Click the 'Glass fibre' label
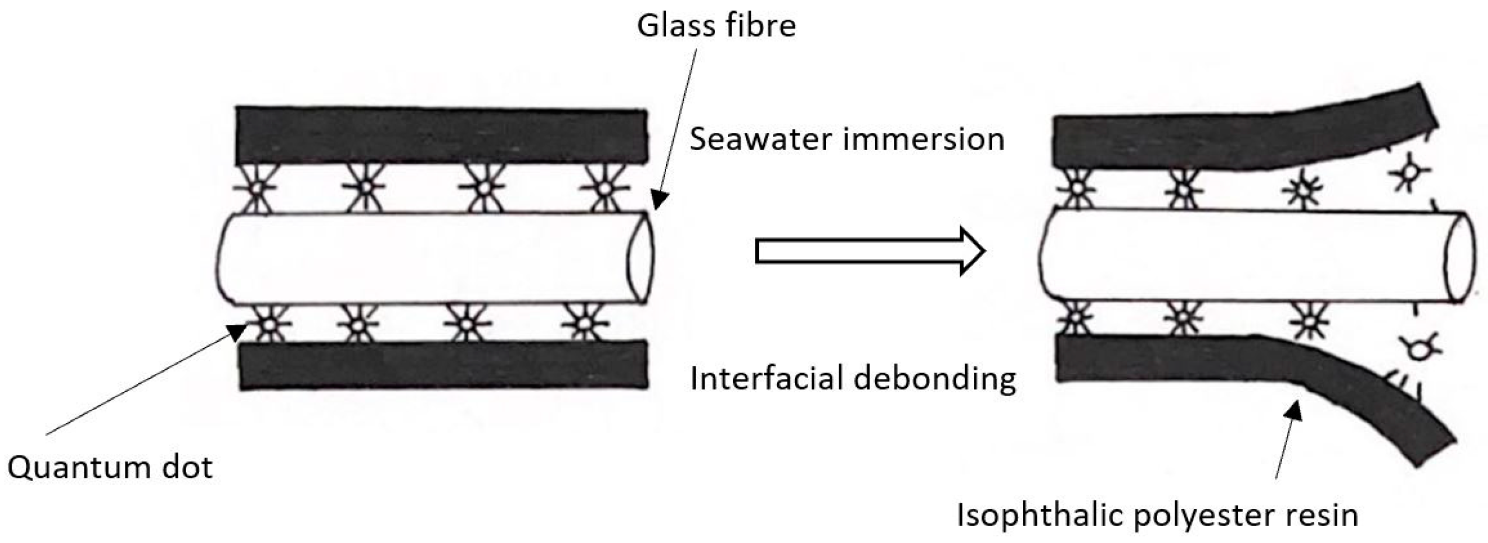click(716, 26)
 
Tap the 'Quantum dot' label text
click(110, 467)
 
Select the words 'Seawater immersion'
click(847, 139)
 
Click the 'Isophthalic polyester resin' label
click(1157, 516)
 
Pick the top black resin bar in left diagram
click(441, 136)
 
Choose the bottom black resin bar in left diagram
click(443, 365)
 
